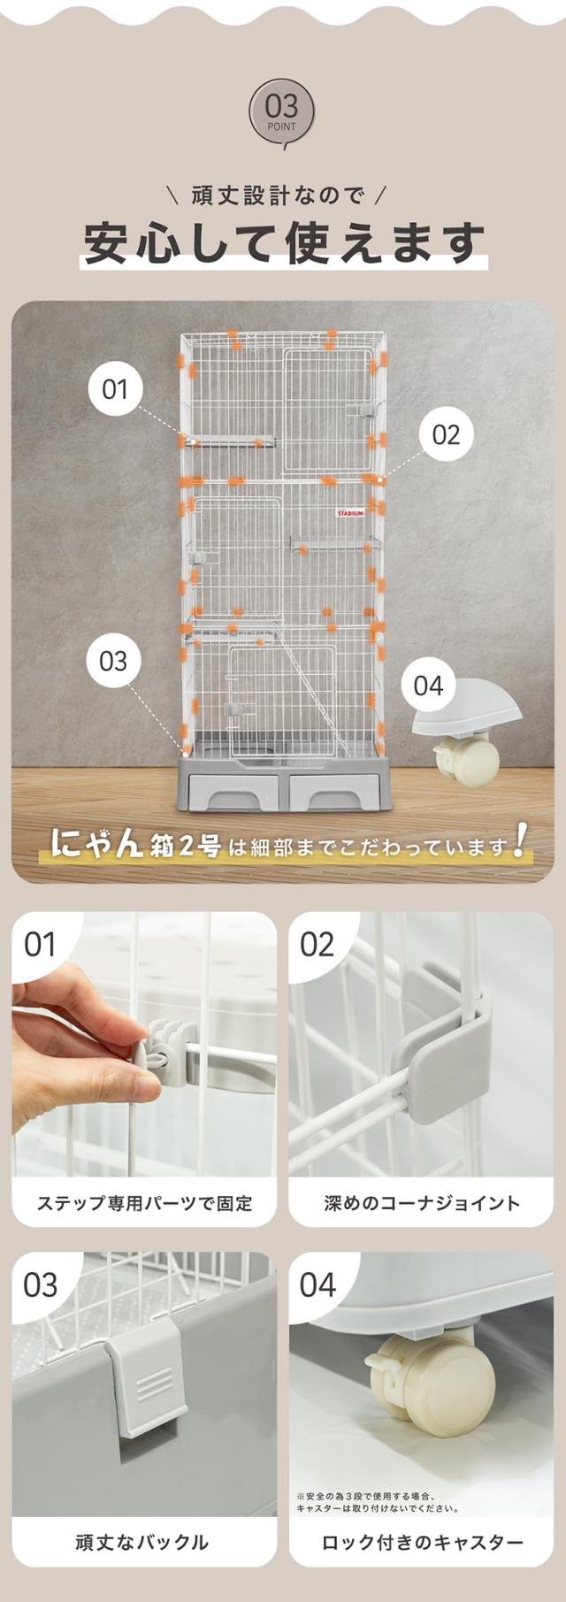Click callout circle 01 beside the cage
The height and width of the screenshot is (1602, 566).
[x=115, y=389]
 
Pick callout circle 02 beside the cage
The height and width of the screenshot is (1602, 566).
[x=447, y=434]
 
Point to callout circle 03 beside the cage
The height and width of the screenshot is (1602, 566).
[x=113, y=661]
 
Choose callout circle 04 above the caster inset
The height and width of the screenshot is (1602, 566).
[x=428, y=686]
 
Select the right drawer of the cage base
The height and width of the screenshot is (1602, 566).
[x=333, y=792]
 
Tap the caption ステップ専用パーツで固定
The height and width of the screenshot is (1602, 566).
[x=144, y=1203]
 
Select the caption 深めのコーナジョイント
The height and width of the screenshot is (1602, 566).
[x=422, y=1203]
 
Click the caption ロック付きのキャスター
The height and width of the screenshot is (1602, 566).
[x=422, y=1543]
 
